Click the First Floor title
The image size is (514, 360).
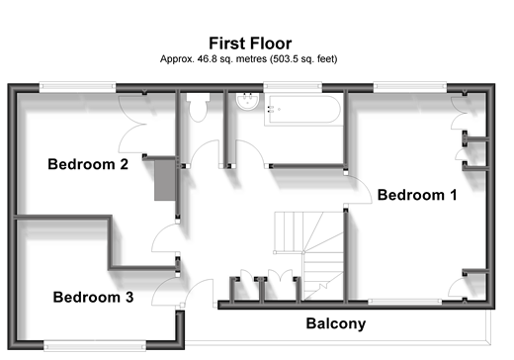tap(250, 44)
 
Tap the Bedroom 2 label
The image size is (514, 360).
tap(88, 164)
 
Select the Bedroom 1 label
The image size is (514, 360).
tap(417, 195)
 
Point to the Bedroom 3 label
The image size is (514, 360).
tap(93, 297)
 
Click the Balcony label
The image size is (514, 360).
tap(336, 323)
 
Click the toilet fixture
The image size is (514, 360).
tap(198, 107)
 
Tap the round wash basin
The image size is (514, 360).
tap(247, 100)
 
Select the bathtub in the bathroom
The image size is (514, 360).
tap(302, 109)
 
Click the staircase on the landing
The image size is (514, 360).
tap(308, 256)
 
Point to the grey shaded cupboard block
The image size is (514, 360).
tap(165, 179)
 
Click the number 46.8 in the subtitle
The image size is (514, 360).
tap(204, 59)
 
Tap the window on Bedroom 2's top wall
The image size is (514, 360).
tap(77, 87)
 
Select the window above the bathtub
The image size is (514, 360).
tap(293, 87)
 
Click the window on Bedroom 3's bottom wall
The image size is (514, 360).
tap(95, 346)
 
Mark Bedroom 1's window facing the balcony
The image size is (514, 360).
tap(404, 302)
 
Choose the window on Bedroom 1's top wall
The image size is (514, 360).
tap(410, 87)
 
